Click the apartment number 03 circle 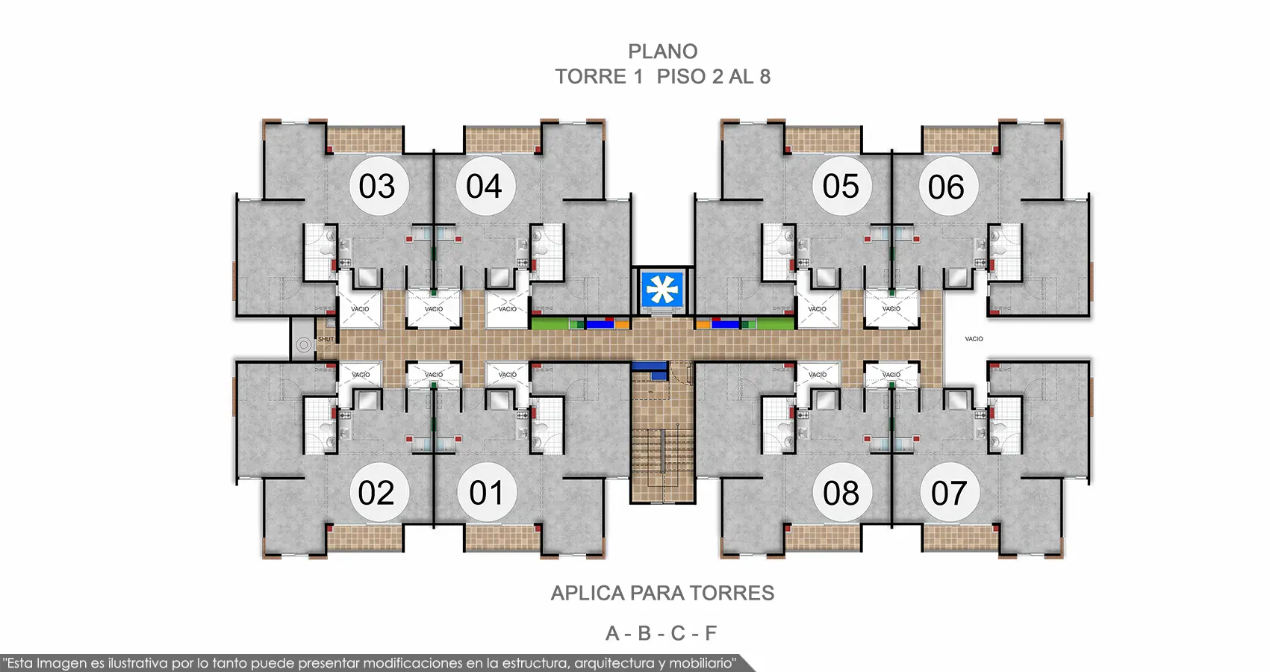pyautogui.click(x=379, y=185)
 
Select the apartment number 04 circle pyautogui.click(x=485, y=185)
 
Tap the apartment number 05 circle pyautogui.click(x=842, y=185)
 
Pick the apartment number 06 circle pyautogui.click(x=947, y=185)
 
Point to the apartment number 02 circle pyautogui.click(x=379, y=492)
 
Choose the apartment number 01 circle pyautogui.click(x=487, y=492)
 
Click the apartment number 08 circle pyautogui.click(x=842, y=492)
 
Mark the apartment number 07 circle pyautogui.click(x=949, y=492)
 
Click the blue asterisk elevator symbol pyautogui.click(x=662, y=290)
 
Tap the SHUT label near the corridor pyautogui.click(x=326, y=339)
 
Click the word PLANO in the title pyautogui.click(x=662, y=52)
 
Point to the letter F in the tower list pyautogui.click(x=710, y=633)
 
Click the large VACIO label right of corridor pyautogui.click(x=974, y=339)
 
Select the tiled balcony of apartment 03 pyautogui.click(x=365, y=140)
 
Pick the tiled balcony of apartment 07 pyautogui.click(x=960, y=538)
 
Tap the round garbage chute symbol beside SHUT pyautogui.click(x=304, y=344)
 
